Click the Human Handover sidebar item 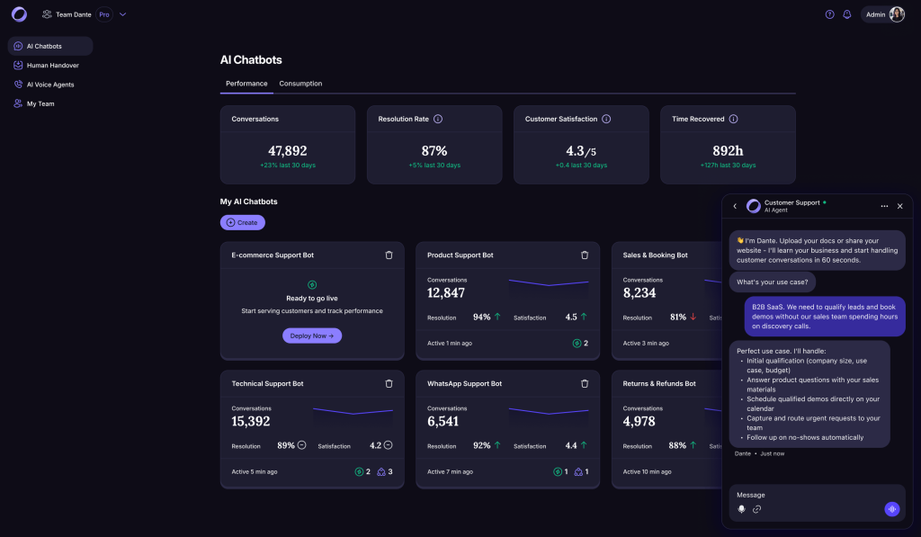pyautogui.click(x=52, y=65)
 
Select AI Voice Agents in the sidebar pyautogui.click(x=50, y=85)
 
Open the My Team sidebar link pyautogui.click(x=40, y=103)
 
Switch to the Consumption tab pyautogui.click(x=300, y=84)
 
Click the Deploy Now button pyautogui.click(x=312, y=336)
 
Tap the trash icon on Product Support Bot pyautogui.click(x=585, y=255)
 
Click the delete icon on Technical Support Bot pyautogui.click(x=389, y=383)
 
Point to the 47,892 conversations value pyautogui.click(x=288, y=151)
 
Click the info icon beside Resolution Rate pyautogui.click(x=438, y=119)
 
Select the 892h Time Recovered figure pyautogui.click(x=728, y=151)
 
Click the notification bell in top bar pyautogui.click(x=846, y=14)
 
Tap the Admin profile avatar pyautogui.click(x=897, y=14)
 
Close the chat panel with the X pyautogui.click(x=899, y=206)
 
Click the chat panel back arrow pyautogui.click(x=735, y=206)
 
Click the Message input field pyautogui.click(x=805, y=495)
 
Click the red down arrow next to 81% pyautogui.click(x=693, y=317)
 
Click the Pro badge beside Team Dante pyautogui.click(x=105, y=14)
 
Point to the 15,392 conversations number pyautogui.click(x=251, y=421)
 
